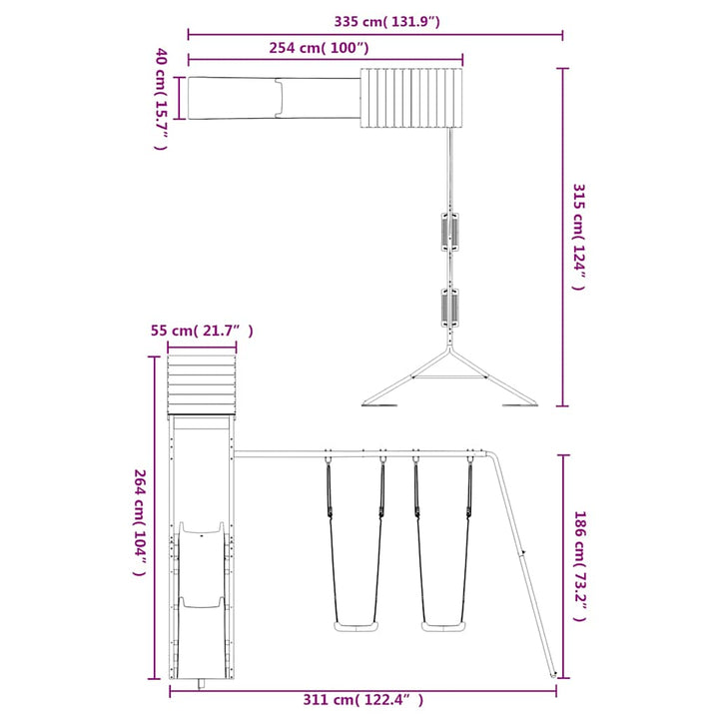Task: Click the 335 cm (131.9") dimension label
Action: pos(386,22)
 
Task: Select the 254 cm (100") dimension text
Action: pos(319,48)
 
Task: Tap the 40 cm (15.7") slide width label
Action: pos(161,99)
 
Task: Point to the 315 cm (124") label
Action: pos(578,237)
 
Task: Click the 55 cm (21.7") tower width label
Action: pos(202,331)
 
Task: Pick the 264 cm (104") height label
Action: pos(140,522)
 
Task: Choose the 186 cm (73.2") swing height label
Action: pos(579,566)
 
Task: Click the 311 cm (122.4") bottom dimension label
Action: pos(363,700)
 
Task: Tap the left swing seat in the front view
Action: pos(357,627)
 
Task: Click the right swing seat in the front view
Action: pos(443,627)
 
